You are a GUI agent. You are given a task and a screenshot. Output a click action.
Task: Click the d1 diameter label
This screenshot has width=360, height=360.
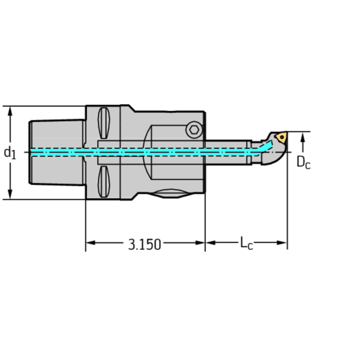pyautogui.click(x=10, y=152)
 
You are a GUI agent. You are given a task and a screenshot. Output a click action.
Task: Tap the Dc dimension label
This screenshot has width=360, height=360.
pyautogui.click(x=304, y=162)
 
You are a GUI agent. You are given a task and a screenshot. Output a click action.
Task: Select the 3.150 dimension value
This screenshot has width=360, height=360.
pyautogui.click(x=145, y=244)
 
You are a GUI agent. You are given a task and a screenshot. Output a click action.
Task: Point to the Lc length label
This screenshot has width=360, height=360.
pyautogui.click(x=246, y=243)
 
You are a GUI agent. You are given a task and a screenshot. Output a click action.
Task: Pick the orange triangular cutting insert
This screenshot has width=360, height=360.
pyautogui.click(x=281, y=137)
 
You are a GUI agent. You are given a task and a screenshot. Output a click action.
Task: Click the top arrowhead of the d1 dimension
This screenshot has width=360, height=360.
pyautogui.click(x=10, y=110)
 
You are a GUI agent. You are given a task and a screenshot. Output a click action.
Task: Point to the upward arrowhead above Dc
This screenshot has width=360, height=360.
pyautogui.click(x=304, y=137)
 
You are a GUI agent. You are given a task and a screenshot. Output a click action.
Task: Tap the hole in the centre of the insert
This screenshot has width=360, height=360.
pyautogui.click(x=281, y=137)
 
